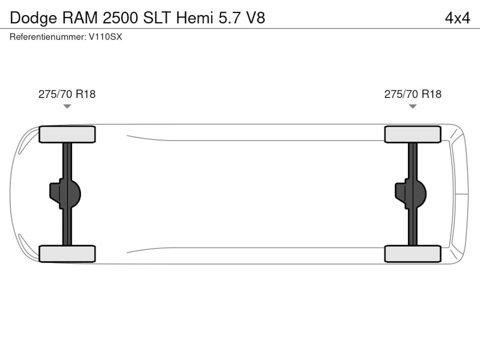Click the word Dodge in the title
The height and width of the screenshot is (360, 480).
33,18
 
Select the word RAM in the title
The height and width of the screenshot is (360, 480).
80,18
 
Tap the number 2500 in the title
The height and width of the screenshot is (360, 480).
120,18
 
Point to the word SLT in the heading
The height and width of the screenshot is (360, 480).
157,18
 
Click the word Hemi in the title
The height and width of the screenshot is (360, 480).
195,18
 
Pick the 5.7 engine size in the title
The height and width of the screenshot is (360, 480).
229,18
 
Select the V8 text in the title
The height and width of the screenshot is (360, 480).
256,18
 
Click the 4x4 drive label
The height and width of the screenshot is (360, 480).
457,18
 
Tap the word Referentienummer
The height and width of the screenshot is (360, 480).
48,37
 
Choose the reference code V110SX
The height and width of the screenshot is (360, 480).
105,37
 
